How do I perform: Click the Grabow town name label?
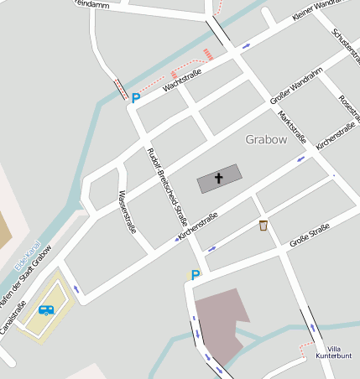pos(266,138)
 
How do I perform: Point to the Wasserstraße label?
pos(127,211)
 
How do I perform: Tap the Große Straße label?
pos(309,236)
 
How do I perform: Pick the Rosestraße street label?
pos(347,108)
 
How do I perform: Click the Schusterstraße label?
pos(346,45)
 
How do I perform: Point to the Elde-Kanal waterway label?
pos(27,257)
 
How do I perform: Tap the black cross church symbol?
pos(219,178)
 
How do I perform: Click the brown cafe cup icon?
pos(263,226)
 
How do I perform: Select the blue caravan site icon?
pos(47,309)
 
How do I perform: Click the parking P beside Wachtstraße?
pos(135,98)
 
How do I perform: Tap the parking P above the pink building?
pos(196,274)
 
